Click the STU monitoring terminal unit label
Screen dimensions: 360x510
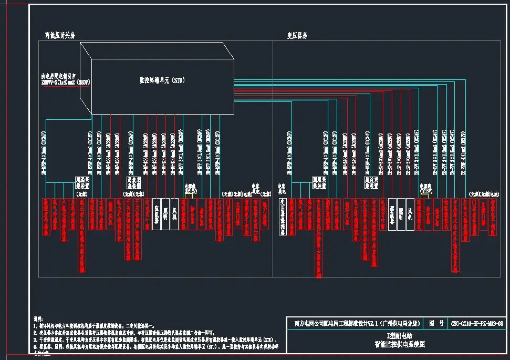(162, 80)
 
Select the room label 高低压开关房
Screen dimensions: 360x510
(61, 35)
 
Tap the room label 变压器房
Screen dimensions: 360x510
(297, 35)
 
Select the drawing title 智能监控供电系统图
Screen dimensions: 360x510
(398, 345)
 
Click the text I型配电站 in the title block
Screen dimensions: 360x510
(399, 335)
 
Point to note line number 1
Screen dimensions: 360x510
(105, 326)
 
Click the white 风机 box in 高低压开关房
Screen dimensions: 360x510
(174, 213)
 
